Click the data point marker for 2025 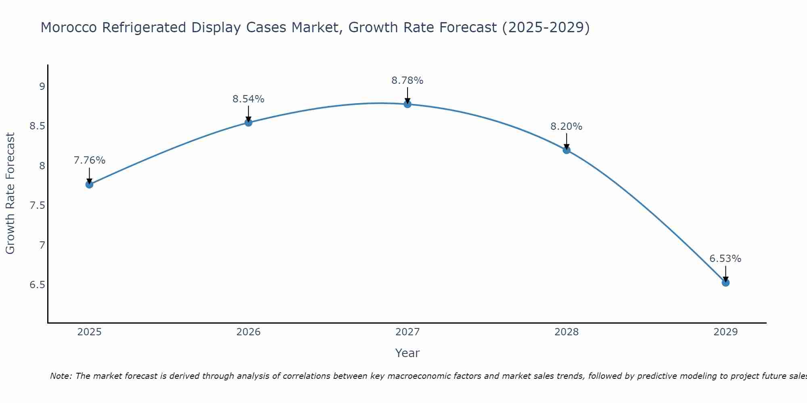(x=89, y=185)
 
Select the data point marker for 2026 (x=249, y=123)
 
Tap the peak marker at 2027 (x=408, y=104)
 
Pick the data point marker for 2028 (x=567, y=150)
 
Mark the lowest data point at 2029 (x=725, y=283)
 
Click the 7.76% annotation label (x=89, y=160)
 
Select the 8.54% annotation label (x=249, y=99)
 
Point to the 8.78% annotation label (x=408, y=81)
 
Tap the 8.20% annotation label (x=567, y=127)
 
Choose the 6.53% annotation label (x=725, y=259)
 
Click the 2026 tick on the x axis (x=249, y=332)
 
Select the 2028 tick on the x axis (x=567, y=332)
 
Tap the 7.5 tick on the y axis (x=37, y=206)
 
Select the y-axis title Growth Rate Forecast (x=10, y=193)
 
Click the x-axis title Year (x=408, y=353)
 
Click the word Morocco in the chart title (x=69, y=28)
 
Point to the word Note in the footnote (x=61, y=376)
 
